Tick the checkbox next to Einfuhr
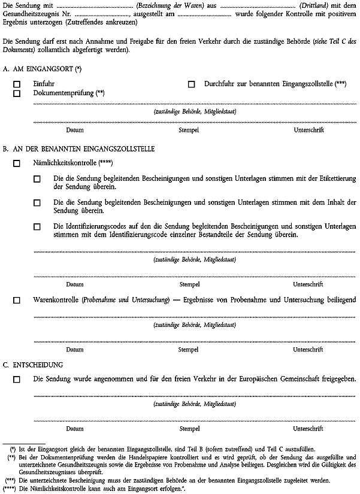point(17,85)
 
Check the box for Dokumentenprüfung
point(17,94)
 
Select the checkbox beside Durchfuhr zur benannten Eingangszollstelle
point(192,85)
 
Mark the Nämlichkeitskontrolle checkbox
point(17,163)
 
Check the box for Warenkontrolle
point(17,299)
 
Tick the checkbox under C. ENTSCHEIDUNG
point(17,379)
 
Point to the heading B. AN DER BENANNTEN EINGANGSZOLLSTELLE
point(78,148)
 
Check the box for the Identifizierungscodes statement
point(37,227)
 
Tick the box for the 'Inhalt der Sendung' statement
point(37,203)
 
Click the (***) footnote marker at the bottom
point(10,480)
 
